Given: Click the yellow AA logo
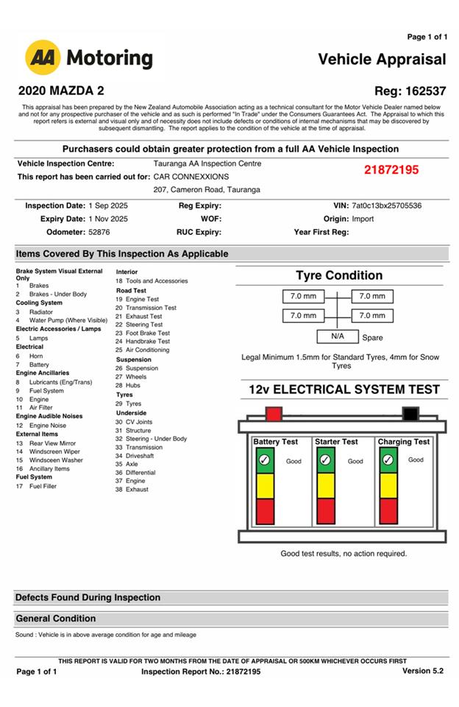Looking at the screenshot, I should click(43, 58).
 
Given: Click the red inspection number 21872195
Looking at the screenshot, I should click(391, 170).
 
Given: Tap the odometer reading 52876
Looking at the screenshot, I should click(99, 232).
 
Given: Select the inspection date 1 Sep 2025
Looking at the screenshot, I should click(108, 205).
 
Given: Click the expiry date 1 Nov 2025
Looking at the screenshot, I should click(108, 219).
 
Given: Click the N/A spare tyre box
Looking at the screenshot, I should click(338, 337).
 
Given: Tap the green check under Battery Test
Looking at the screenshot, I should click(264, 460).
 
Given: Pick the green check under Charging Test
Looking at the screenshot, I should click(388, 460).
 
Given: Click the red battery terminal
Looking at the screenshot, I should click(274, 413).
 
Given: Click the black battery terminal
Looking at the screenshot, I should click(410, 413).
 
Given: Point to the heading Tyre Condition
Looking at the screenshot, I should click(339, 275).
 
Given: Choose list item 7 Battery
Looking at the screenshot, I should click(39, 365).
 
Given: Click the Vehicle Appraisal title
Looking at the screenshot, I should click(382, 59).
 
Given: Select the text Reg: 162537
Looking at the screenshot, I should click(410, 91).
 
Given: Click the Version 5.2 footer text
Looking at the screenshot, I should click(422, 671).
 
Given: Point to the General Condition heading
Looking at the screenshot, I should click(56, 619).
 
